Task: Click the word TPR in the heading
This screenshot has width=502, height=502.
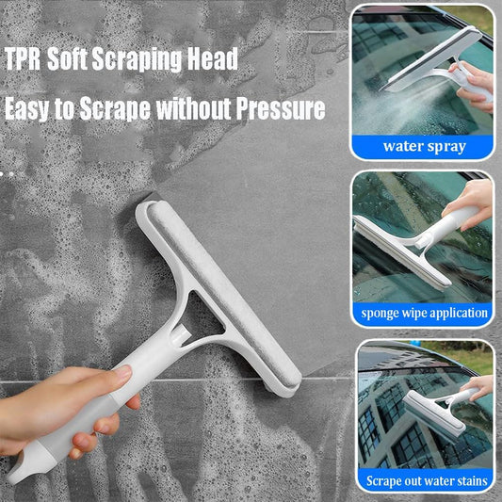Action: click(x=23, y=58)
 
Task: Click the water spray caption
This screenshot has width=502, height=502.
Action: click(x=424, y=147)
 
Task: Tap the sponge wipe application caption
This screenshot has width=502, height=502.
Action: click(x=424, y=313)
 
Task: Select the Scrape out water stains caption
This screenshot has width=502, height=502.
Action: click(x=427, y=481)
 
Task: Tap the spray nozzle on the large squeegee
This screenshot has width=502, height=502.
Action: click(x=180, y=334)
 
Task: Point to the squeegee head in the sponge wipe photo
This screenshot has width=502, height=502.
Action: click(x=402, y=253)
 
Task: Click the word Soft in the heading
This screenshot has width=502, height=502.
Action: click(x=68, y=58)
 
